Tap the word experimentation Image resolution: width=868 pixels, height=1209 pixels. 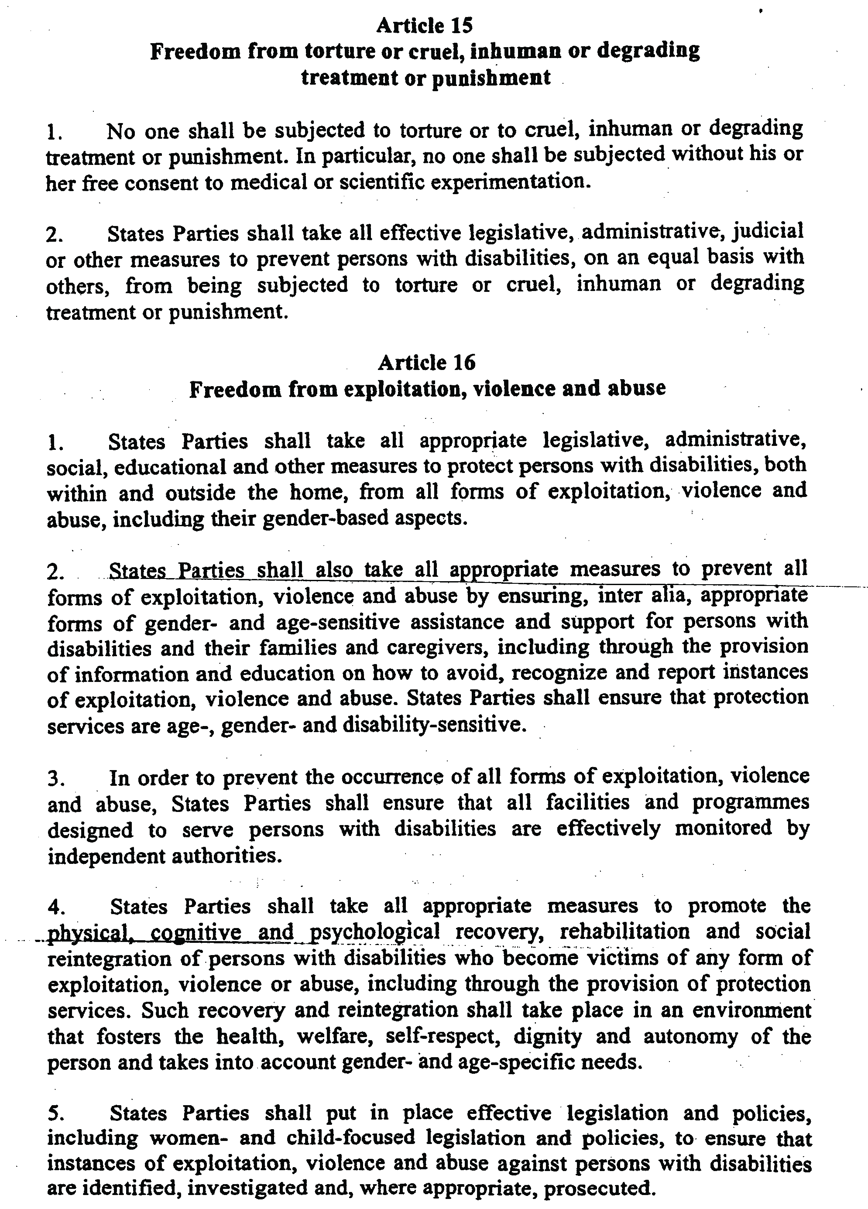tap(510, 182)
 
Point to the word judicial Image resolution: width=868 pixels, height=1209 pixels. tap(768, 231)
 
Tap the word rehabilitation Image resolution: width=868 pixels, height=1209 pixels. tap(625, 931)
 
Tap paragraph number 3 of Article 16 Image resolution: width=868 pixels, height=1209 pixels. tap(55, 779)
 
